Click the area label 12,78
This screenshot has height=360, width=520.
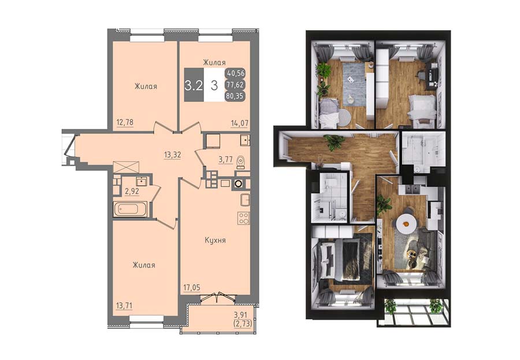pos(125,122)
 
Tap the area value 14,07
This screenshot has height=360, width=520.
pos(239,124)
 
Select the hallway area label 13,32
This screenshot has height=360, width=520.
pos(172,154)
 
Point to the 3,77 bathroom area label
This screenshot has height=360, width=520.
pos(225,160)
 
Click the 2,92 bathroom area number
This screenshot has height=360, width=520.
pos(132,191)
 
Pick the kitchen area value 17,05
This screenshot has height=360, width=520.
pos(192,287)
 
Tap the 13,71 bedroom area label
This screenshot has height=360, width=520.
pos(124,305)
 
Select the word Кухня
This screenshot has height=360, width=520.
pos(216,240)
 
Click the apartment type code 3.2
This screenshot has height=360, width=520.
pos(194,86)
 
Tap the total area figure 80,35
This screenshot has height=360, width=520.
pos(235,97)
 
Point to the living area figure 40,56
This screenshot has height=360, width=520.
pos(236,72)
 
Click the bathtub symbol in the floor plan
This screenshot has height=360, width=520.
pos(131,209)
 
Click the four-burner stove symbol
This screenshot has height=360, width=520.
pos(243,218)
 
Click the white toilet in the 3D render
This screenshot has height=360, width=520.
pos(330,183)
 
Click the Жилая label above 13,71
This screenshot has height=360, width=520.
pos(144,265)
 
